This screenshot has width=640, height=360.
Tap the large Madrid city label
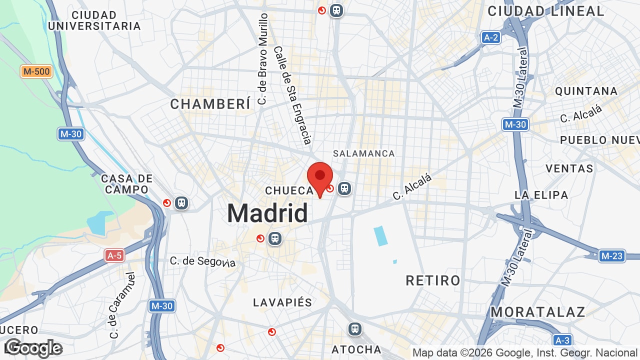(x=267, y=213)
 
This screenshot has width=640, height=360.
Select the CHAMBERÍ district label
(x=210, y=104)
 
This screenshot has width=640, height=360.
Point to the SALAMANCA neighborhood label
(x=364, y=153)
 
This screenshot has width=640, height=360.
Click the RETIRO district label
(x=433, y=280)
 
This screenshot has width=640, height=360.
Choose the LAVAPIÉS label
(x=282, y=302)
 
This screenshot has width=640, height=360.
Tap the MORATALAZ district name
(x=537, y=312)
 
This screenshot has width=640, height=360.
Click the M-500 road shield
(x=36, y=71)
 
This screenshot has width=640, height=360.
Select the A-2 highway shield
(x=491, y=37)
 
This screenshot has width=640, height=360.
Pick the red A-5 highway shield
(x=114, y=255)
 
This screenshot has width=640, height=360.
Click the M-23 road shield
(x=611, y=256)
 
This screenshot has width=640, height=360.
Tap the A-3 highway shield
(x=562, y=340)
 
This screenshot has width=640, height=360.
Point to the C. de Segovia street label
(x=202, y=261)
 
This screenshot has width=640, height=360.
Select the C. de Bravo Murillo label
(x=262, y=59)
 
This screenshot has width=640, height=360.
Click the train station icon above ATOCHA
(x=355, y=329)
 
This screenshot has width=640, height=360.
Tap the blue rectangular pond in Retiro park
(x=380, y=236)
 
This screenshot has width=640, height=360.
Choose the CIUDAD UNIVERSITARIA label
(x=94, y=20)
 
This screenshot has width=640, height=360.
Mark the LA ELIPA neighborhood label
(x=541, y=195)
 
